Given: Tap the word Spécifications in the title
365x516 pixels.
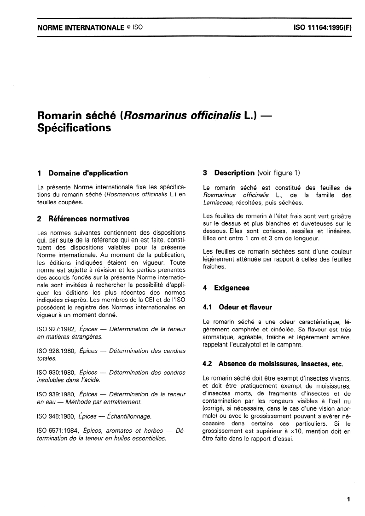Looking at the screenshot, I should [74, 128].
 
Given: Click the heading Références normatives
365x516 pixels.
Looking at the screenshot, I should [89, 218].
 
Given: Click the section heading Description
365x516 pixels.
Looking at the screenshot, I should [234, 173].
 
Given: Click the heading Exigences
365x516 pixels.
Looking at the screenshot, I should [232, 288].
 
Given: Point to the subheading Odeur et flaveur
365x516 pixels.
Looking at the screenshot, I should [245, 307].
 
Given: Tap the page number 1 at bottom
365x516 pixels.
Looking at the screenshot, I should [349, 498].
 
